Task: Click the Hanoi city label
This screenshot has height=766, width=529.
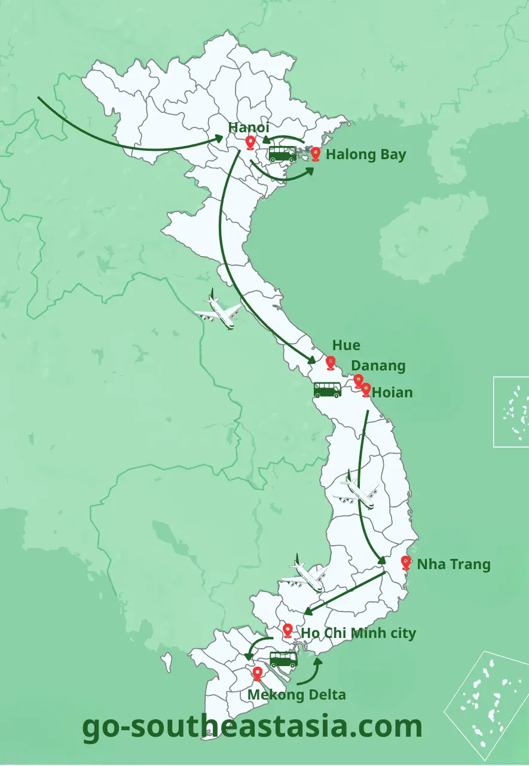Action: [249, 127]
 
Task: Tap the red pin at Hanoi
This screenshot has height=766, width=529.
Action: [250, 142]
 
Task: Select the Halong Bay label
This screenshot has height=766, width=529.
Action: [366, 154]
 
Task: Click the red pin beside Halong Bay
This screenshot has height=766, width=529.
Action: [316, 154]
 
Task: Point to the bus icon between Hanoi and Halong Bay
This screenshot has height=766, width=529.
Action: [282, 154]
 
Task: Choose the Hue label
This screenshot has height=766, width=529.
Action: [346, 345]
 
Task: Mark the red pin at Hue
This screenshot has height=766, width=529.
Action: [331, 363]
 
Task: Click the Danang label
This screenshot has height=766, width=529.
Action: [378, 366]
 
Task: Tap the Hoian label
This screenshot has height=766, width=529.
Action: [392, 393]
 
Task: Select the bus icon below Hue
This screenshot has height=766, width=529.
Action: [328, 390]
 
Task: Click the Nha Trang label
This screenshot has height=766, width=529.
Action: [453, 564]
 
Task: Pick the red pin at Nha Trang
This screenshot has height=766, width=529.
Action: [406, 563]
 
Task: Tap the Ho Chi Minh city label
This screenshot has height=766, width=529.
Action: [358, 633]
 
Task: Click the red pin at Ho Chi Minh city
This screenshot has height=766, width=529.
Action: [288, 630]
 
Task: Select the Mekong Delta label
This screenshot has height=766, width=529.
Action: [296, 695]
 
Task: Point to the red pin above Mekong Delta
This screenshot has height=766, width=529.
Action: [258, 674]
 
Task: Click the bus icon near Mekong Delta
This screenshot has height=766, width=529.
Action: [283, 659]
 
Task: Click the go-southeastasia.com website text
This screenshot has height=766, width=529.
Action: [252, 727]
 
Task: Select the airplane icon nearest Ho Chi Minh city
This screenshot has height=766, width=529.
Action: [305, 574]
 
